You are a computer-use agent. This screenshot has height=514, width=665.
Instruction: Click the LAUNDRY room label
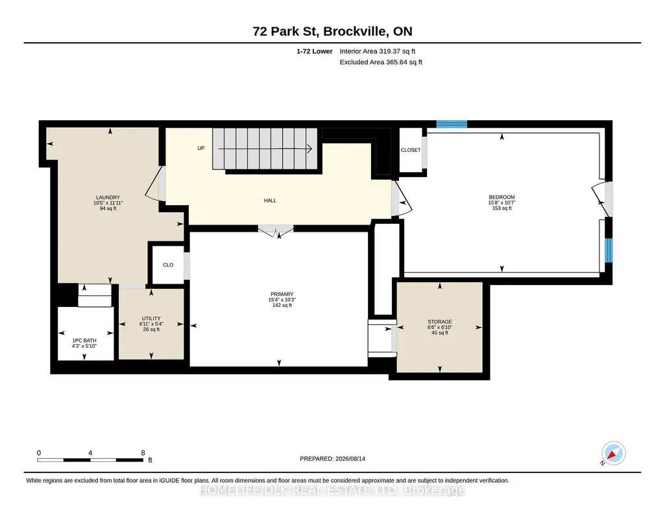(x=108, y=198)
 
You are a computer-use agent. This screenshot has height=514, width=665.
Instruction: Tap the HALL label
(x=270, y=201)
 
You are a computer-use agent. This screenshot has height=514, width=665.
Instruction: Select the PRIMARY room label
(x=282, y=295)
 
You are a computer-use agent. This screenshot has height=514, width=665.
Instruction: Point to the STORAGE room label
(x=440, y=322)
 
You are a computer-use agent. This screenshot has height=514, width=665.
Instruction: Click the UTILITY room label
(x=151, y=319)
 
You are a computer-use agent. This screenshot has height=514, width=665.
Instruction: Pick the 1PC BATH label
(x=84, y=341)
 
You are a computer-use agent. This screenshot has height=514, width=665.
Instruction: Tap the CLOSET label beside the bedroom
(x=411, y=150)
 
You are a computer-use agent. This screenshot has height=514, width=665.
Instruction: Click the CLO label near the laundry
(x=168, y=265)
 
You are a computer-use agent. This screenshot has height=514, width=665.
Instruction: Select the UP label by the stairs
(x=201, y=149)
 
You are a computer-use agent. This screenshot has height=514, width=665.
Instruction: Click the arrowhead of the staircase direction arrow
(x=310, y=149)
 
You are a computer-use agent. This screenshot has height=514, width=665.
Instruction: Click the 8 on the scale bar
(x=143, y=453)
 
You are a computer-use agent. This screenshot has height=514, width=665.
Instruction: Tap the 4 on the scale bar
(x=90, y=453)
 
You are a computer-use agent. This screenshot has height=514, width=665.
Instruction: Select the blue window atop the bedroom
(x=452, y=124)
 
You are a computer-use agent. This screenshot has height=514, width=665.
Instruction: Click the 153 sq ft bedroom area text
(x=502, y=208)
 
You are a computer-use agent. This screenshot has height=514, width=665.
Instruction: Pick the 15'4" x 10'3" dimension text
(x=282, y=300)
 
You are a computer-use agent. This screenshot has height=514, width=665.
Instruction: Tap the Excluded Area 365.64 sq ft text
(x=381, y=62)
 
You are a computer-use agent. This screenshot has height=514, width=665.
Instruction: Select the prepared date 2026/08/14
(x=350, y=459)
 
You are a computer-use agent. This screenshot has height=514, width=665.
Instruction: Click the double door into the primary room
(x=276, y=231)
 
